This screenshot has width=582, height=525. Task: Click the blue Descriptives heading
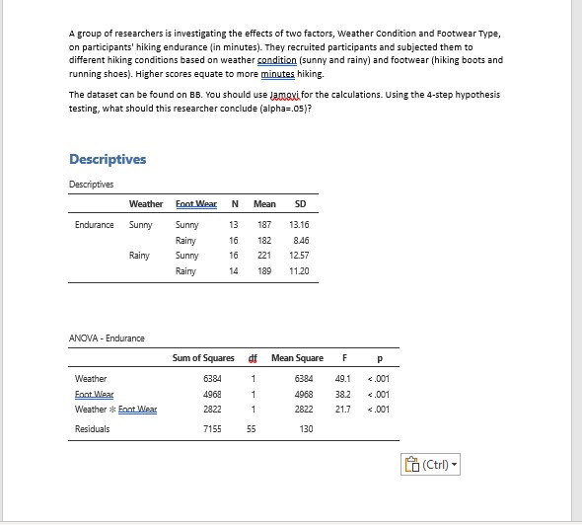pyautogui.click(x=108, y=160)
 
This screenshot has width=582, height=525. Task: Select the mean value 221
pyautogui.click(x=263, y=256)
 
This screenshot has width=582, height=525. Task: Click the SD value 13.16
pyautogui.click(x=298, y=225)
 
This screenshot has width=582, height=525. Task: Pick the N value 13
pyautogui.click(x=234, y=225)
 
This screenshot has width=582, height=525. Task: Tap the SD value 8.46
pyautogui.click(x=300, y=240)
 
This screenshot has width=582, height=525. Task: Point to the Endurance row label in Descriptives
pyautogui.click(x=95, y=225)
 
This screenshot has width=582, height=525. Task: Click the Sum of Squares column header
pyautogui.click(x=204, y=356)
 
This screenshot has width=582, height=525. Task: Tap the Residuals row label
pyautogui.click(x=93, y=429)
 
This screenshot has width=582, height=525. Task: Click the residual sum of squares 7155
pyautogui.click(x=212, y=429)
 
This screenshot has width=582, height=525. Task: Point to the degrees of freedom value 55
pyautogui.click(x=253, y=429)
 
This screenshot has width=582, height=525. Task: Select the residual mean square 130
pyautogui.click(x=306, y=429)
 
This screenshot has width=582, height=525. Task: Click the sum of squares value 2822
pyautogui.click(x=212, y=409)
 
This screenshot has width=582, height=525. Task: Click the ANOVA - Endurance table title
pyautogui.click(x=107, y=338)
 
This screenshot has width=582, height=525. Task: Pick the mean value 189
pyautogui.click(x=263, y=270)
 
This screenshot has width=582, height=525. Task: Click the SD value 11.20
pyautogui.click(x=298, y=270)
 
